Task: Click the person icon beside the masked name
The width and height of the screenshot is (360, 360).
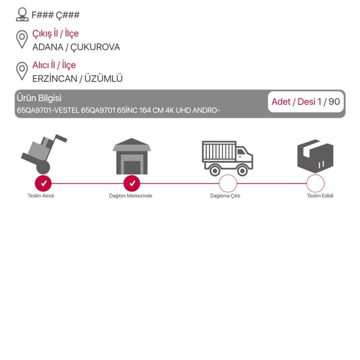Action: click(22, 15)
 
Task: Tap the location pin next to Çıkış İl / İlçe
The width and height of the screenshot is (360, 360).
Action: click(22, 39)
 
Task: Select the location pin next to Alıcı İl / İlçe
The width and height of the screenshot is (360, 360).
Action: click(22, 71)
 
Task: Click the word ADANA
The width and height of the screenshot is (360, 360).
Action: click(48, 47)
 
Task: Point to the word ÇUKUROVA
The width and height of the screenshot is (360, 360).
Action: click(95, 47)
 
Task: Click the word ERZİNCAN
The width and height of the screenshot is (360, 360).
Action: click(55, 79)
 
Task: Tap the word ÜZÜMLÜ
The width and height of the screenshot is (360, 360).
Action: click(103, 78)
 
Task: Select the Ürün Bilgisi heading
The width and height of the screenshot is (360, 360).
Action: click(39, 98)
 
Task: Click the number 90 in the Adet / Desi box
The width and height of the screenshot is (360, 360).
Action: click(334, 102)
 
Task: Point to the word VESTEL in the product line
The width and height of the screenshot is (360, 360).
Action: click(67, 111)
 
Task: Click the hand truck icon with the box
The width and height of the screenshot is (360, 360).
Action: click(44, 154)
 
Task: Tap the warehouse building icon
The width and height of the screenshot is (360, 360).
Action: click(132, 156)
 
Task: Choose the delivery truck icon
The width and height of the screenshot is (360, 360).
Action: click(227, 158)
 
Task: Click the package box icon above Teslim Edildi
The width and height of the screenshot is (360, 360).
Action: click(315, 156)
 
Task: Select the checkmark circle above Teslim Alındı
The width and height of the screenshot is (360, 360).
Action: click(43, 183)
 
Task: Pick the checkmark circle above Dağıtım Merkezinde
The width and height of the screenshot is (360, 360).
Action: click(132, 183)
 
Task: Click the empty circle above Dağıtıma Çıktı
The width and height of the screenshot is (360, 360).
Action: click(228, 175)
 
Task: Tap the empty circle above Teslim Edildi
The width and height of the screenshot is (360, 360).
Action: click(315, 175)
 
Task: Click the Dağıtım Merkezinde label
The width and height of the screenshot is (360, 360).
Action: click(130, 196)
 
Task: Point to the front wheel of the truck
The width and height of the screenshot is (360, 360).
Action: click(242, 171)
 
